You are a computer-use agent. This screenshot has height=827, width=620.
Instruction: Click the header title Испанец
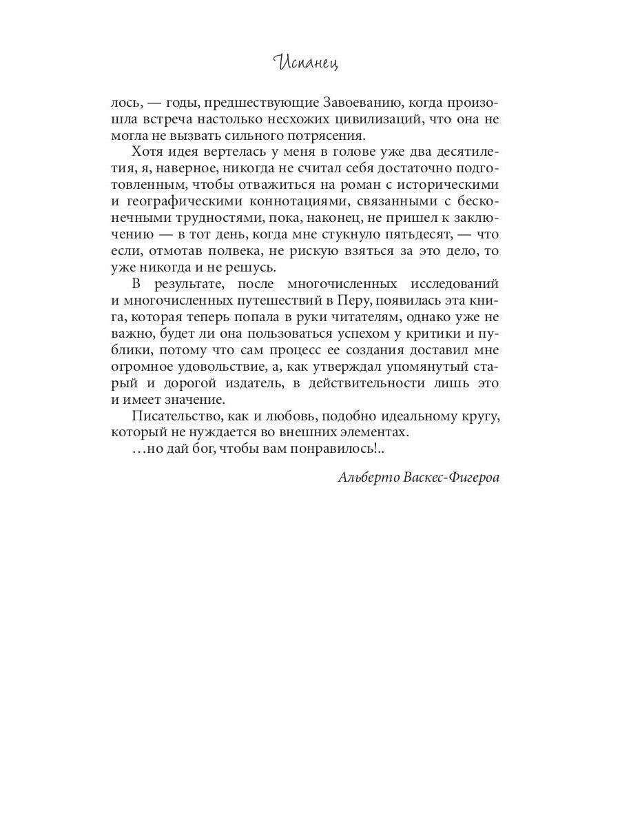point(309,63)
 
